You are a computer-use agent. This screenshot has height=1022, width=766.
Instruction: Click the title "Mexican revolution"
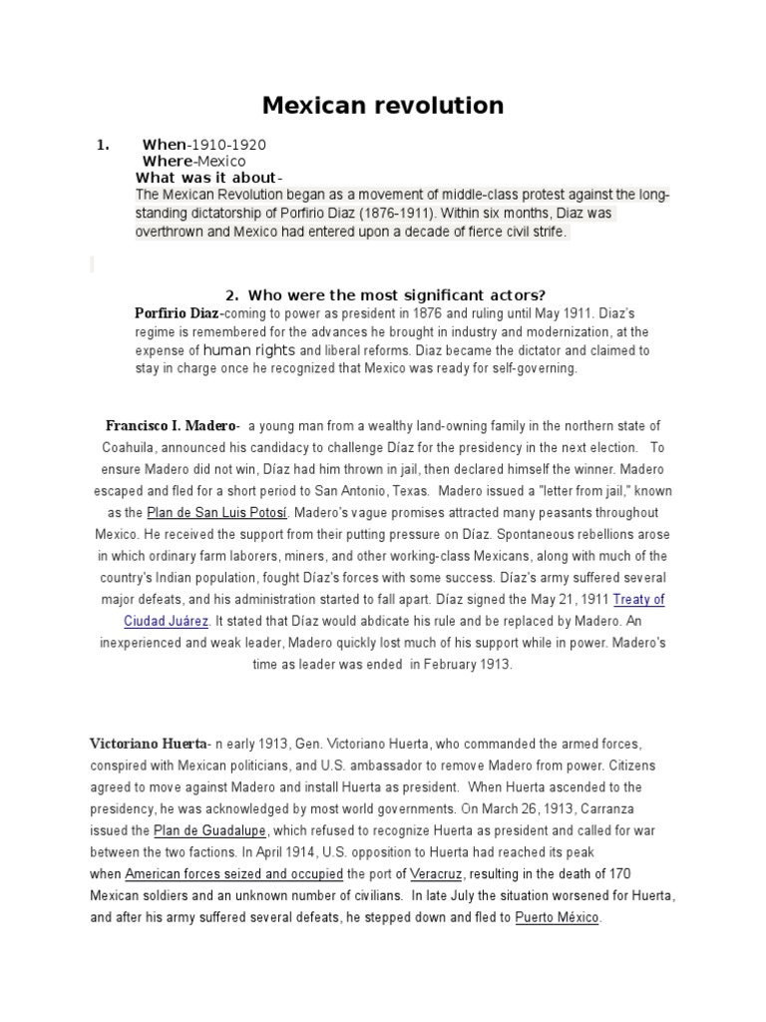pos(382,105)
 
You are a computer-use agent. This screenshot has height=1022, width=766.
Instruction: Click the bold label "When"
pos(165,145)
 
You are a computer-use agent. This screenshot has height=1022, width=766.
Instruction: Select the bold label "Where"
pos(168,161)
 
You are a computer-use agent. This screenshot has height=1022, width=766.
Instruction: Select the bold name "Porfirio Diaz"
pos(175,313)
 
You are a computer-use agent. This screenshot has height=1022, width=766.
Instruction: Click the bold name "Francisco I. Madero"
pos(171,426)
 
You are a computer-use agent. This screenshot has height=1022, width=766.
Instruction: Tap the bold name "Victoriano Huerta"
pos(148,744)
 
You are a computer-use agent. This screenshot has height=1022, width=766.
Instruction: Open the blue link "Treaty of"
pos(638,600)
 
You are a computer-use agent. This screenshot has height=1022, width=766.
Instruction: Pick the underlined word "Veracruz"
pos(433,874)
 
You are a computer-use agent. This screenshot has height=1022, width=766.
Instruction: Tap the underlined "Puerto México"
pos(558,918)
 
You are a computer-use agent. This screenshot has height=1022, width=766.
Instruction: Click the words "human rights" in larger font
pos(249,350)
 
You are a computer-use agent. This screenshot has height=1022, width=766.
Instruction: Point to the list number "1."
pos(102,145)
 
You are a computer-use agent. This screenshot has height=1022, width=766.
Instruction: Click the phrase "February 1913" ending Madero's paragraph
pos(468,664)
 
